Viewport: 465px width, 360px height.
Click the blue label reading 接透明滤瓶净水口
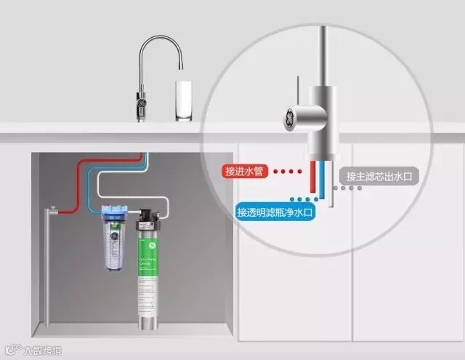pyautogui.click(x=273, y=212)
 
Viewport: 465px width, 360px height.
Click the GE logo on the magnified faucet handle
pyautogui.click(x=289, y=117)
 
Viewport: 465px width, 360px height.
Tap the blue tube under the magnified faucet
pyautogui.click(x=323, y=179)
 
